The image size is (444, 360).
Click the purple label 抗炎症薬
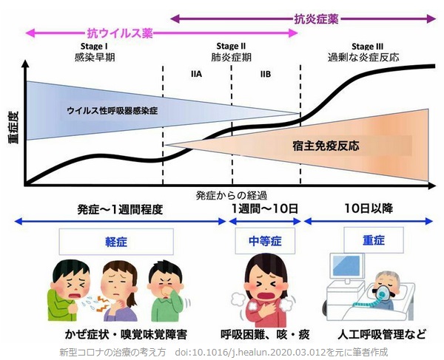point(316,19)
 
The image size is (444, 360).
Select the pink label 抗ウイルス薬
point(120,33)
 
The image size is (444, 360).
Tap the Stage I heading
point(94,46)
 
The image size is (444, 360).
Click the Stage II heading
point(231,46)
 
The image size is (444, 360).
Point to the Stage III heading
point(367,46)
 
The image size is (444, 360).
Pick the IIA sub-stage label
point(196,74)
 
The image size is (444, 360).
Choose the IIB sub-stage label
point(266,74)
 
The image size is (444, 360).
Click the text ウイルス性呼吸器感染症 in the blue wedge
point(112,110)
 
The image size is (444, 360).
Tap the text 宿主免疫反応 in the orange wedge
point(326,146)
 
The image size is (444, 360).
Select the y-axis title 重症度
point(13,127)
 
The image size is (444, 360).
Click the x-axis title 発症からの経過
point(231,195)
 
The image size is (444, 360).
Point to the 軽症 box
point(116,242)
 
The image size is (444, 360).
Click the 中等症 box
point(265,241)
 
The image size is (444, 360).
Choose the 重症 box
point(374,240)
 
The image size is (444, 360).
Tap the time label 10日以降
point(369,208)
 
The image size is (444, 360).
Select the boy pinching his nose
point(166,293)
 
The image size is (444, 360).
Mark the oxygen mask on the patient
point(383,293)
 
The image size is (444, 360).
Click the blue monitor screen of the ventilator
point(346,265)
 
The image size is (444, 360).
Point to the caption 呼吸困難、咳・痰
point(265,334)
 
